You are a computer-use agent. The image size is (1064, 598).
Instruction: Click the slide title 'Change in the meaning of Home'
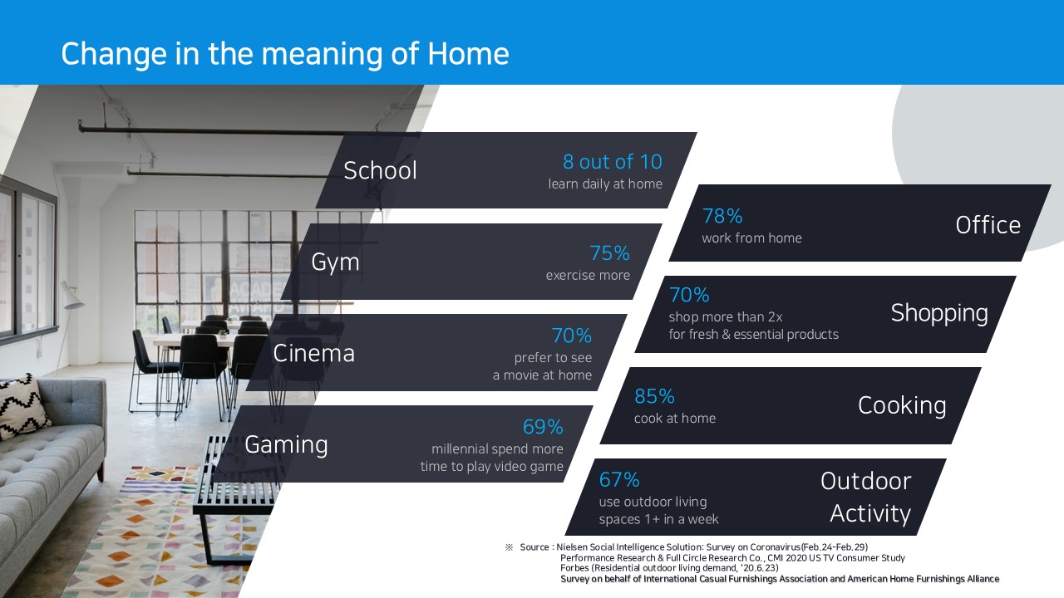click(x=285, y=54)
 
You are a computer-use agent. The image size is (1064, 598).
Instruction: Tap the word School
click(x=380, y=170)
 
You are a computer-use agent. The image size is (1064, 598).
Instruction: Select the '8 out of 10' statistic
click(x=613, y=162)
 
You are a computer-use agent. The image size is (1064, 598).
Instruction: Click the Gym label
click(x=335, y=262)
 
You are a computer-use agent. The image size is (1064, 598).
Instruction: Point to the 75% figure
click(x=610, y=253)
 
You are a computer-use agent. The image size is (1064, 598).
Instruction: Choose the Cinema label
click(x=313, y=354)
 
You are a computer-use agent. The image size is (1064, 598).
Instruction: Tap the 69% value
click(x=543, y=427)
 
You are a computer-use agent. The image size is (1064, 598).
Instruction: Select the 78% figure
click(x=722, y=216)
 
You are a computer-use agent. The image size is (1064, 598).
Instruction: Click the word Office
click(x=988, y=225)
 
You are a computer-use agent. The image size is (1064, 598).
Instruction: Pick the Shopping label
click(x=939, y=313)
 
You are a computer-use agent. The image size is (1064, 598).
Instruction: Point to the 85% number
click(x=654, y=396)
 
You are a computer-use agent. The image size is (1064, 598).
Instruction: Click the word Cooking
click(x=902, y=406)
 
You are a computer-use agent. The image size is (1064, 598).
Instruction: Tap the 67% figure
click(x=619, y=480)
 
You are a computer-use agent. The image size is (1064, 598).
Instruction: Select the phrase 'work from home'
click(x=752, y=238)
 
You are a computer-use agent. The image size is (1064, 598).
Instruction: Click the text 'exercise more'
click(x=588, y=275)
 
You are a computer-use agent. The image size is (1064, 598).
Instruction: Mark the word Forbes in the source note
click(x=574, y=567)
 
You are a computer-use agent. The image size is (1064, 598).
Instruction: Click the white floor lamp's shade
click(x=71, y=294)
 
